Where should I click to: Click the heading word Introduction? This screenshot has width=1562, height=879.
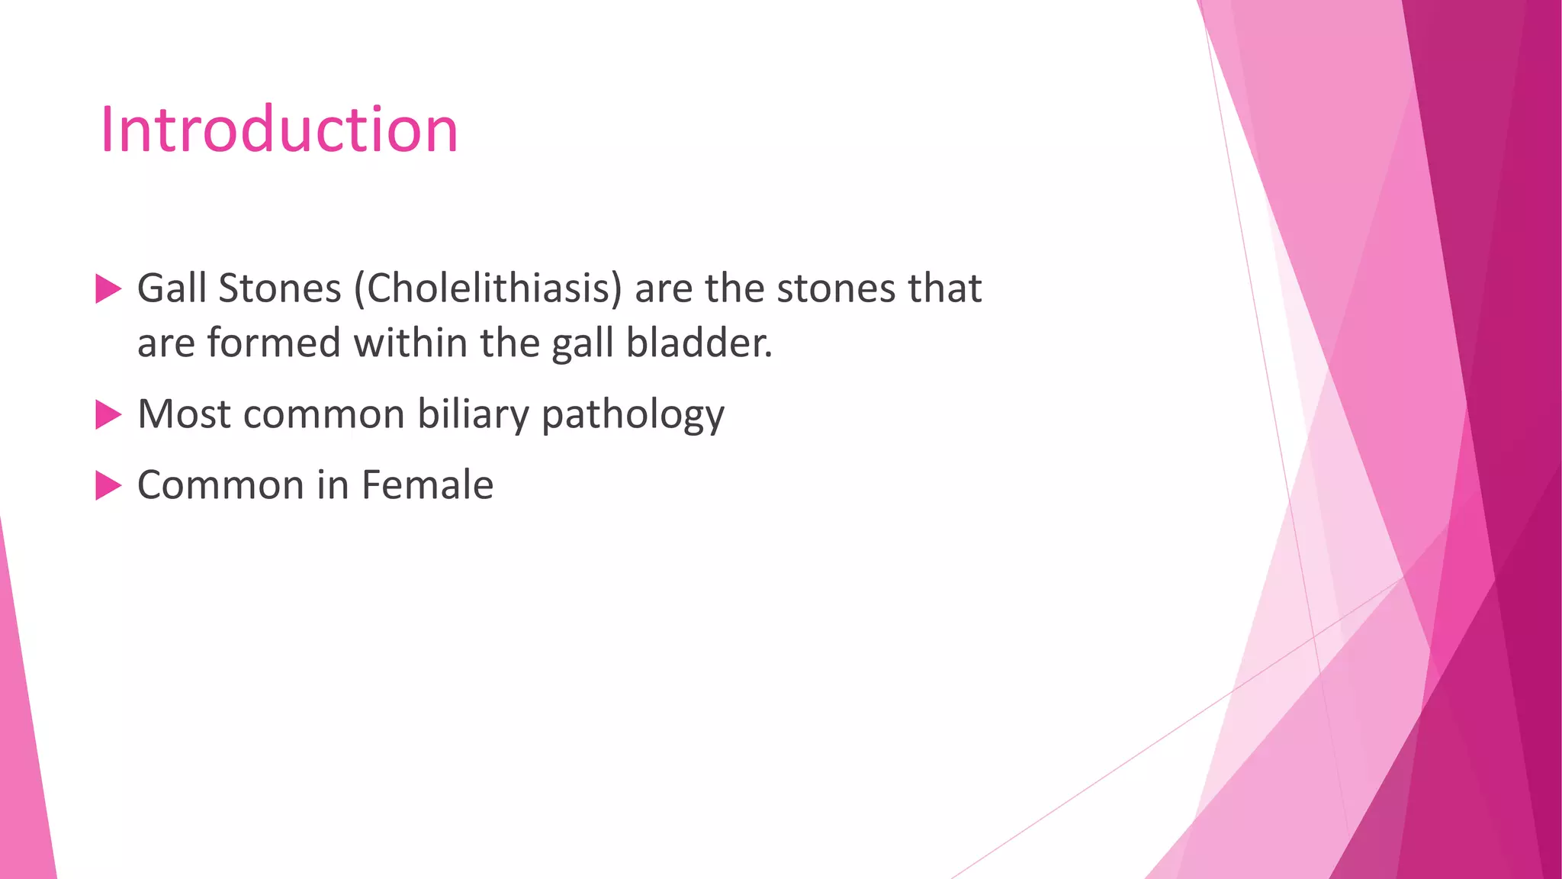click(x=279, y=130)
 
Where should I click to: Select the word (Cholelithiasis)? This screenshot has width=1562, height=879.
click(x=488, y=290)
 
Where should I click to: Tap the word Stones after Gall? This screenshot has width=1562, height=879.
click(x=279, y=288)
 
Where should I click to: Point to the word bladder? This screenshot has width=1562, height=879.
click(x=699, y=343)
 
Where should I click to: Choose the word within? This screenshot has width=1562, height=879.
click(x=410, y=343)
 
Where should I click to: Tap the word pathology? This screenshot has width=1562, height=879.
click(x=633, y=416)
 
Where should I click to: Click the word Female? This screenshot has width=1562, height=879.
click(x=427, y=485)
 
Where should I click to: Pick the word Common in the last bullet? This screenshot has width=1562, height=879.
click(x=220, y=485)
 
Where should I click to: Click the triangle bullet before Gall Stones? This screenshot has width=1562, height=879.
click(x=108, y=289)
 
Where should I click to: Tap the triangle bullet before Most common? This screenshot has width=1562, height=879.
click(x=108, y=415)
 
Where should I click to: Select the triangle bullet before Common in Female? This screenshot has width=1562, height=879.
click(x=108, y=485)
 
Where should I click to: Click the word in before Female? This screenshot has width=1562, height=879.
click(x=333, y=485)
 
